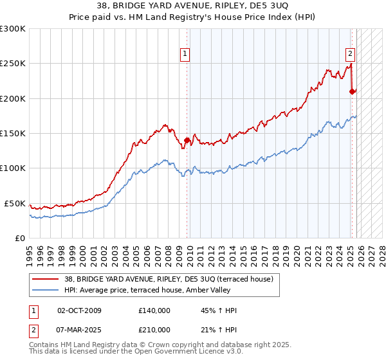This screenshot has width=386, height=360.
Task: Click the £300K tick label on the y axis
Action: click(x=13, y=29)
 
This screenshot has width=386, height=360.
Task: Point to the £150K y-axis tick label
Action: click(x=13, y=134)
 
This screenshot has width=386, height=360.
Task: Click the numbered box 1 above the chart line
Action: click(x=185, y=55)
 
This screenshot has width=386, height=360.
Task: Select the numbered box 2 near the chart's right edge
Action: click(x=351, y=55)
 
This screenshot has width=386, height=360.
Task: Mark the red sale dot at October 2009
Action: click(x=187, y=140)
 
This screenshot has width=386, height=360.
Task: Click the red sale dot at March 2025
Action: click(x=352, y=91)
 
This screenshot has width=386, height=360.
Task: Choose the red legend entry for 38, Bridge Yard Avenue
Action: click(x=169, y=279)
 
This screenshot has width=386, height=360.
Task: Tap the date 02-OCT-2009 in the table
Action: click(x=79, y=310)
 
